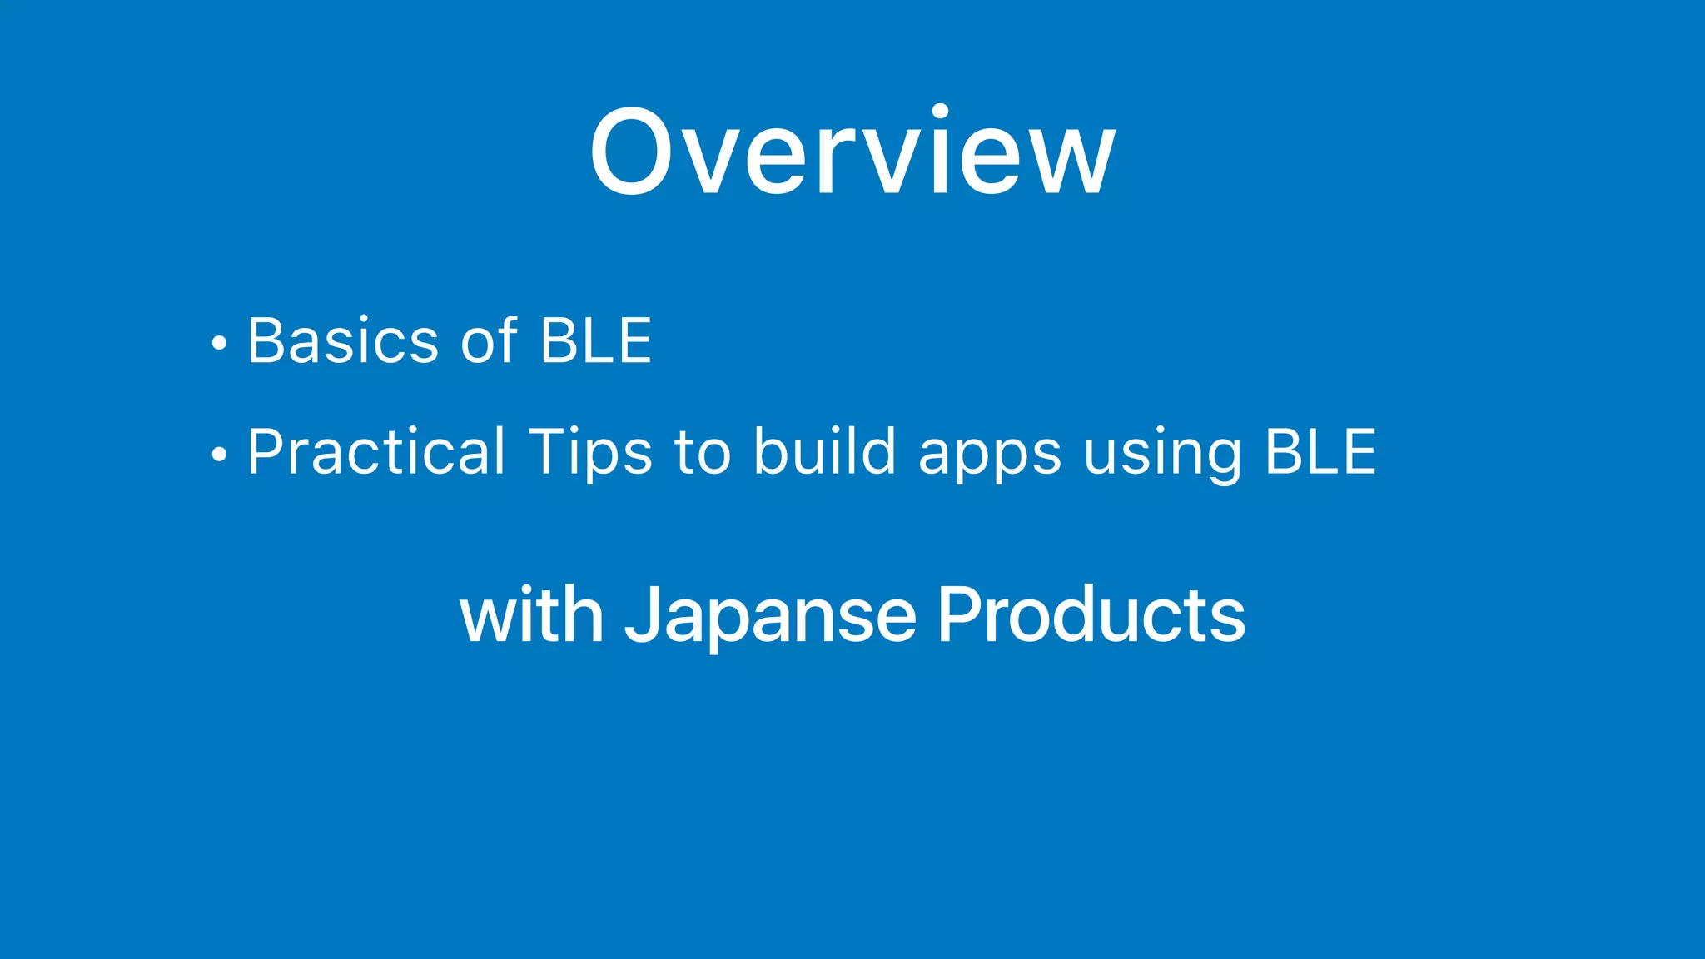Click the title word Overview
[852, 153]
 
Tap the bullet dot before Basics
[219, 343]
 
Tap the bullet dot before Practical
[219, 455]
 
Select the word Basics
[343, 340]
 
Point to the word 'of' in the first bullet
[490, 340]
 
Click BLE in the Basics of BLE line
[596, 340]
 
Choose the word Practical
[376, 452]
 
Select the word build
[824, 452]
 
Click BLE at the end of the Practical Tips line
[1320, 452]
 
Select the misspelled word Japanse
[771, 616]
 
